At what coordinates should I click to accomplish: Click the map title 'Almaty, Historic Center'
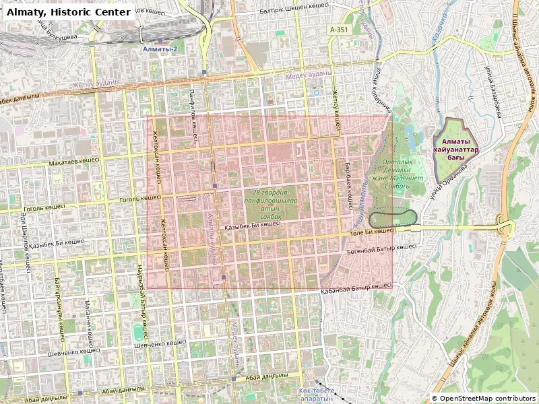point(69,11)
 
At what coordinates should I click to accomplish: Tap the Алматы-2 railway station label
point(160,50)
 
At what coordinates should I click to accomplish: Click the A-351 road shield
point(338,30)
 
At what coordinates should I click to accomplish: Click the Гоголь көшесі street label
point(139,199)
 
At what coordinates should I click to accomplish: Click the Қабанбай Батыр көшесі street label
point(356,285)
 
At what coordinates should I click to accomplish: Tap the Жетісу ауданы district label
point(96,83)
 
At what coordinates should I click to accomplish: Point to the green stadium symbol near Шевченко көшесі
point(138,332)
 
